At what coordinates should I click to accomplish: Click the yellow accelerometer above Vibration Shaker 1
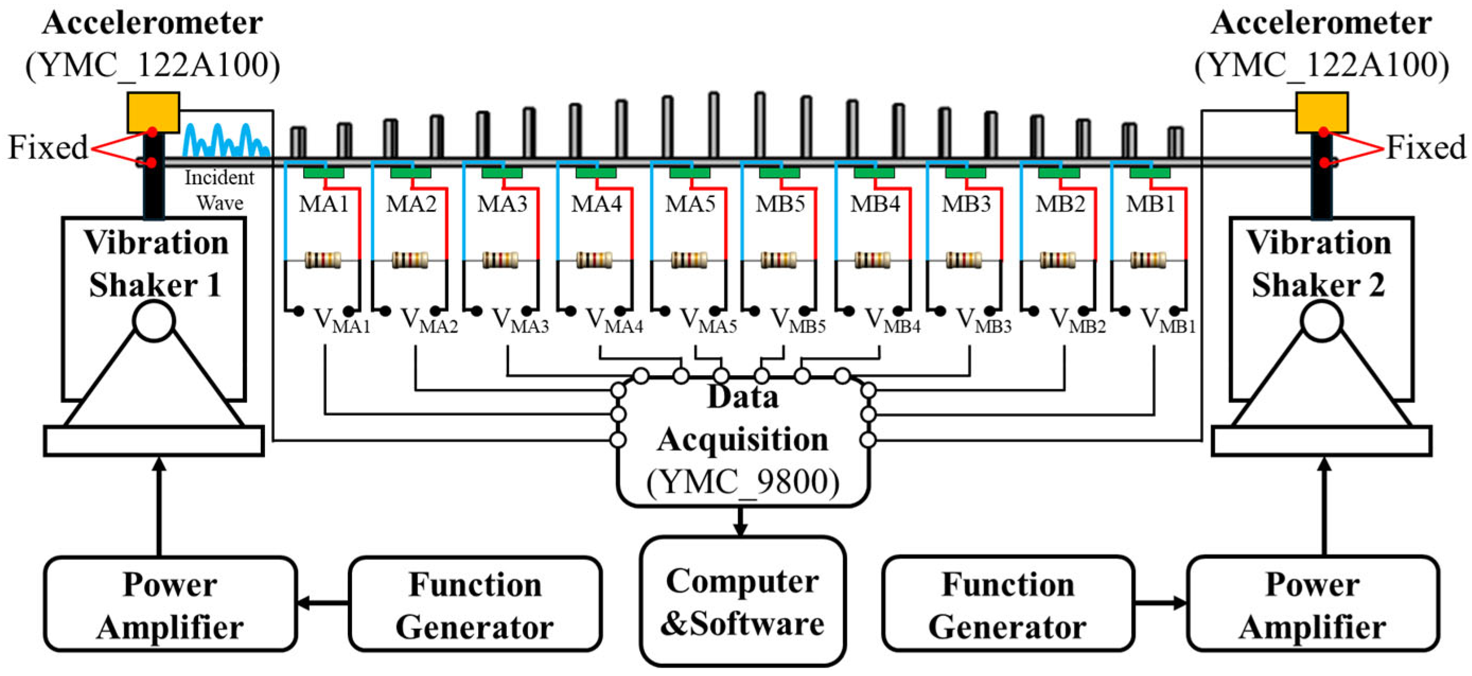(x=153, y=113)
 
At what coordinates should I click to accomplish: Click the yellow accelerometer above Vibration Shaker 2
(x=1321, y=113)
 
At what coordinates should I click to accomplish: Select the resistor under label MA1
(x=323, y=260)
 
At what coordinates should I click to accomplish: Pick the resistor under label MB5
(x=778, y=260)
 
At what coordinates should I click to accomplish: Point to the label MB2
(x=1060, y=204)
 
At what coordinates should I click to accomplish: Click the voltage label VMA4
(x=614, y=322)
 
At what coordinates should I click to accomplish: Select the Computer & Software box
(x=742, y=601)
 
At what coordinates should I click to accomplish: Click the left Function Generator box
(x=475, y=604)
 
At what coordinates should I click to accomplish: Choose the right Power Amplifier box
(x=1312, y=604)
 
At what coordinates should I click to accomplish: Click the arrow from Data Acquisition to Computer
(x=741, y=521)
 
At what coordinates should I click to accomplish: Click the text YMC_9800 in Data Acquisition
(x=742, y=483)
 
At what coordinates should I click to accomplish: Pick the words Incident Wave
(x=220, y=190)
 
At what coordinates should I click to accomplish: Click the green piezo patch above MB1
(x=1150, y=172)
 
